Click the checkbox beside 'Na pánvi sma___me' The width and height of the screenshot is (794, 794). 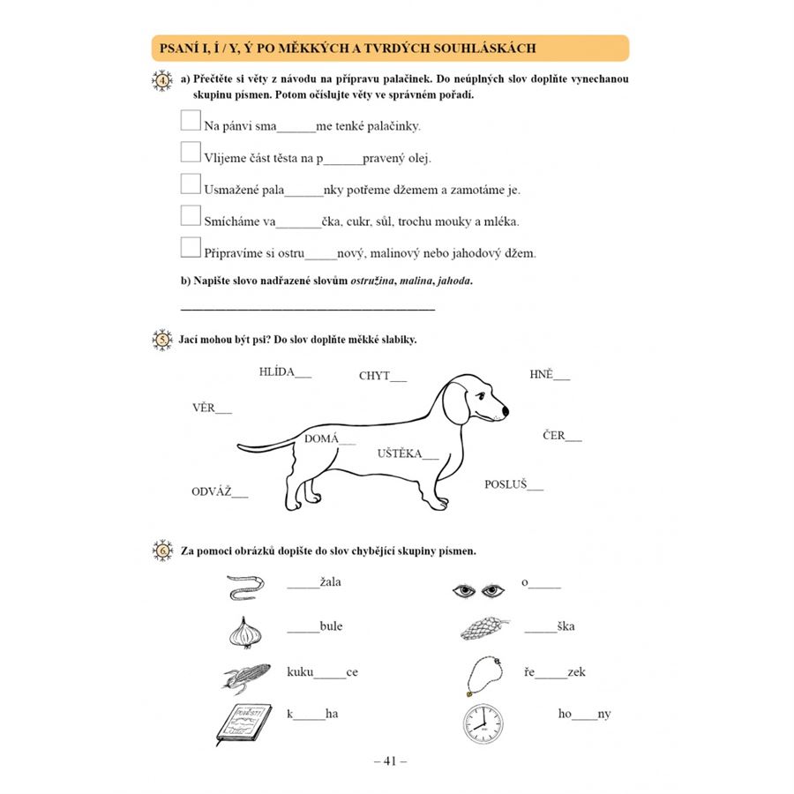pos(190,120)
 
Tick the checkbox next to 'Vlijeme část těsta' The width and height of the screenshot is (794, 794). pos(190,152)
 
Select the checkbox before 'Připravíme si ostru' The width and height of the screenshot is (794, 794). pos(190,247)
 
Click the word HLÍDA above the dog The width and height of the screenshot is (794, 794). pos(277,371)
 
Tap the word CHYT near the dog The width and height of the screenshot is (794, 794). pos(374,376)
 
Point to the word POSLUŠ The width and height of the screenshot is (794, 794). pos(506,484)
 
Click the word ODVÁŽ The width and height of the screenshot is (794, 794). pos(212,491)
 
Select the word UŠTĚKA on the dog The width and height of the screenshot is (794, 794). pos(400,454)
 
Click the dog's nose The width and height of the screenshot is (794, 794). pos(506,411)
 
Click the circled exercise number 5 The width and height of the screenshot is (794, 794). pos(162,340)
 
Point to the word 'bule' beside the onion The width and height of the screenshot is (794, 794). pos(331,626)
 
